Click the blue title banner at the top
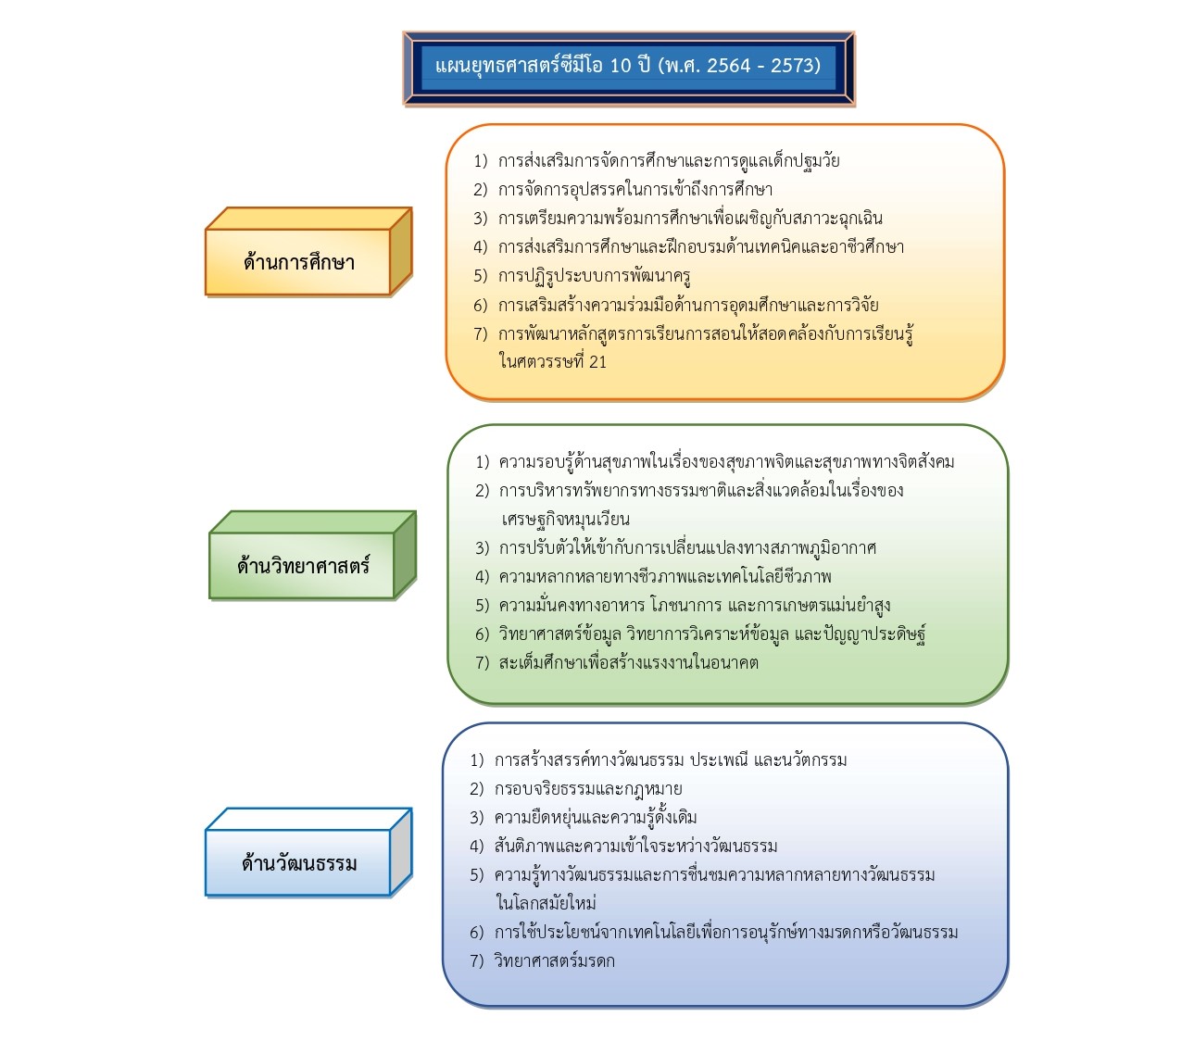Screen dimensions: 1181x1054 click(628, 69)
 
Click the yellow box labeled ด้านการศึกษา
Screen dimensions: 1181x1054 click(308, 251)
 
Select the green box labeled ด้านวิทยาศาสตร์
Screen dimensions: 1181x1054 click(312, 555)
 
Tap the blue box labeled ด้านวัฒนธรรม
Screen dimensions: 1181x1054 click(308, 852)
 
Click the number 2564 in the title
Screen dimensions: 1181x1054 click(729, 65)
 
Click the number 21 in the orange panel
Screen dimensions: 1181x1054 click(597, 362)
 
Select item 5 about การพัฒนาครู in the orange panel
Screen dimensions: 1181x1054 click(582, 276)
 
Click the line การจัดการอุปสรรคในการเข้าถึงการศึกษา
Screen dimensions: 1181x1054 click(622, 190)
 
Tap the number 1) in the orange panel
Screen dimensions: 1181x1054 click(480, 161)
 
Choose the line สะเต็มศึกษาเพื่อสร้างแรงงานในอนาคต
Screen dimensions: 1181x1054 click(617, 663)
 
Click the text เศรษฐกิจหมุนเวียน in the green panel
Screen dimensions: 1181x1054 click(565, 519)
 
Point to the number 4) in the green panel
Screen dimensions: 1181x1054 click(482, 577)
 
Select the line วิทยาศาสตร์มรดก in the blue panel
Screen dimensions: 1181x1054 click(542, 960)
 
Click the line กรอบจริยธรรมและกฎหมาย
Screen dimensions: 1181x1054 click(576, 789)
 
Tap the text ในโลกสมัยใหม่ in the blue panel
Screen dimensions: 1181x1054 click(547, 903)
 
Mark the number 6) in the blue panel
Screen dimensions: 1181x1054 click(477, 933)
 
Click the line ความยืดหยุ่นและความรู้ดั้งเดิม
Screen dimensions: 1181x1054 click(583, 817)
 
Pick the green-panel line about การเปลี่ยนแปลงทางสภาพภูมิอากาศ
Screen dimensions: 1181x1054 click(675, 548)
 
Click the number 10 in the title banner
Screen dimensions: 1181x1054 click(621, 65)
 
